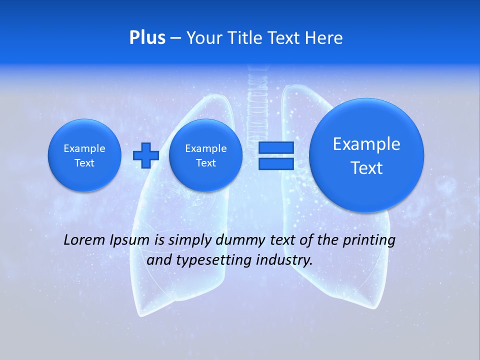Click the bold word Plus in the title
(147, 38)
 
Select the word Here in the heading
(324, 38)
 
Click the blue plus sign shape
(146, 155)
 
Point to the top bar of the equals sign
(275, 148)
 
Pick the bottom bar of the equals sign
(275, 163)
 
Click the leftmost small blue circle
(84, 155)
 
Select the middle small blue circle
(205, 155)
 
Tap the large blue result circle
(366, 155)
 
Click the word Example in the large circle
(366, 144)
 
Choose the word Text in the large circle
(366, 168)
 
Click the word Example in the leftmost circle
(84, 148)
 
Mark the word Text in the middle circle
(205, 163)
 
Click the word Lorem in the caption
(84, 240)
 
